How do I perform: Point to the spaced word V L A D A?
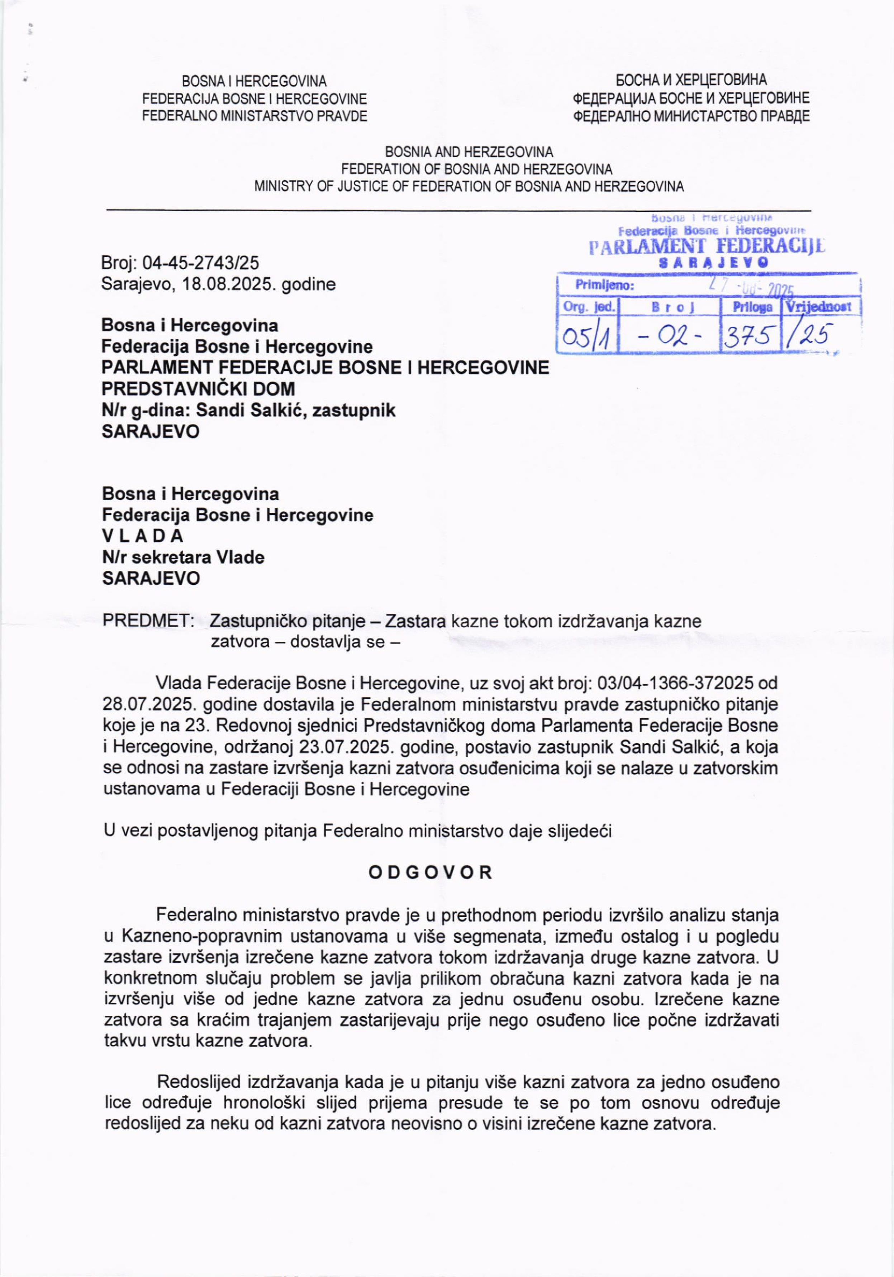pos(143,536)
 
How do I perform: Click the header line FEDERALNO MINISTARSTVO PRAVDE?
pos(255,116)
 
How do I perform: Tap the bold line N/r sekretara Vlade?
pos(183,557)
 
